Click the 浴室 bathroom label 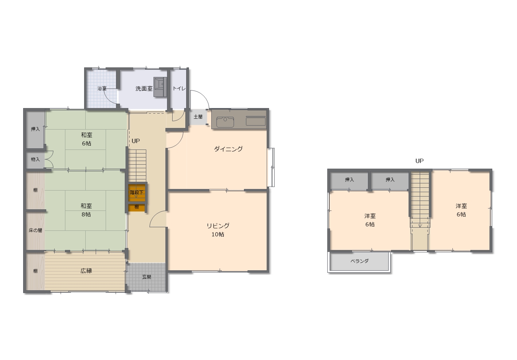pyautogui.click(x=102, y=89)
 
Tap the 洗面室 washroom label pyautogui.click(x=144, y=89)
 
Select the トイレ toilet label pyautogui.click(x=179, y=89)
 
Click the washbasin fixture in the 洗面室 pyautogui.click(x=160, y=87)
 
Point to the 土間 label pyautogui.click(x=198, y=117)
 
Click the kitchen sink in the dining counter pyautogui.click(x=225, y=122)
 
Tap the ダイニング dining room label pyautogui.click(x=228, y=149)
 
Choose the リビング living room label pyautogui.click(x=218, y=226)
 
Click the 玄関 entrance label pyautogui.click(x=146, y=277)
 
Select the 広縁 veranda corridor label pyautogui.click(x=86, y=271)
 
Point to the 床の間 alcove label pyautogui.click(x=35, y=230)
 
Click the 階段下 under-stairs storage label pyautogui.click(x=137, y=192)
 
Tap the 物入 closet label pyautogui.click(x=35, y=159)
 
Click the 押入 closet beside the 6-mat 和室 pyautogui.click(x=35, y=129)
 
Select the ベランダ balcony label pyautogui.click(x=360, y=261)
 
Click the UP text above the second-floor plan pyautogui.click(x=419, y=161)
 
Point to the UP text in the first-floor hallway pyautogui.click(x=136, y=141)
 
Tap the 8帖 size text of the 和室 pyautogui.click(x=86, y=214)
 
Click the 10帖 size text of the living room pyautogui.click(x=218, y=234)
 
